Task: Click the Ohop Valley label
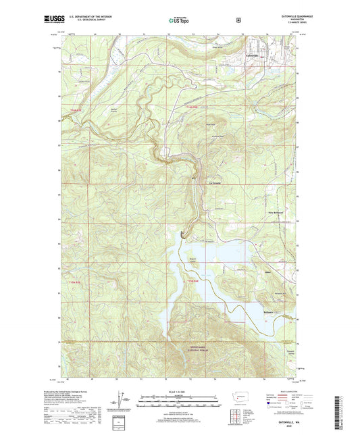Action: coord(218,47)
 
